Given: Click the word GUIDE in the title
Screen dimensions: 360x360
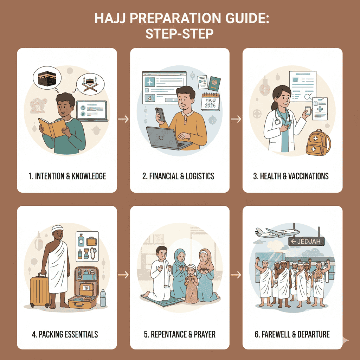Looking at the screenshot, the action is click(x=247, y=18).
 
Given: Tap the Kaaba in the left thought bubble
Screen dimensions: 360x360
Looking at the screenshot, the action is click(x=47, y=78).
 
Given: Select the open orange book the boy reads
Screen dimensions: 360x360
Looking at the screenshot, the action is click(x=52, y=127).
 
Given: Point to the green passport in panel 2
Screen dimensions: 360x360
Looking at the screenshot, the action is click(x=214, y=83).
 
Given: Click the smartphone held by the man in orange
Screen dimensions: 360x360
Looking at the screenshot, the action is click(x=160, y=114).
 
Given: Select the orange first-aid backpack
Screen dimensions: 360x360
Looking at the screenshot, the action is click(x=318, y=142).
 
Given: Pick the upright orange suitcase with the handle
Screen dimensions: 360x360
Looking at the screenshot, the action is click(x=40, y=290).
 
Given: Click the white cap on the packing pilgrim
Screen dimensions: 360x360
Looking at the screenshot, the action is click(x=57, y=229).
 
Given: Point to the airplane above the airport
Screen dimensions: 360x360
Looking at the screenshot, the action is click(x=277, y=232).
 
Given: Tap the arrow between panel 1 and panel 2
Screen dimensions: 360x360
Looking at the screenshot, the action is click(x=123, y=119).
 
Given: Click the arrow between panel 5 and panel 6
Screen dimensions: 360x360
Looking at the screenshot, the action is click(x=236, y=275).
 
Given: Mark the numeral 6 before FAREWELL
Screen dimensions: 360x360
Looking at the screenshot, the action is click(x=257, y=334).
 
